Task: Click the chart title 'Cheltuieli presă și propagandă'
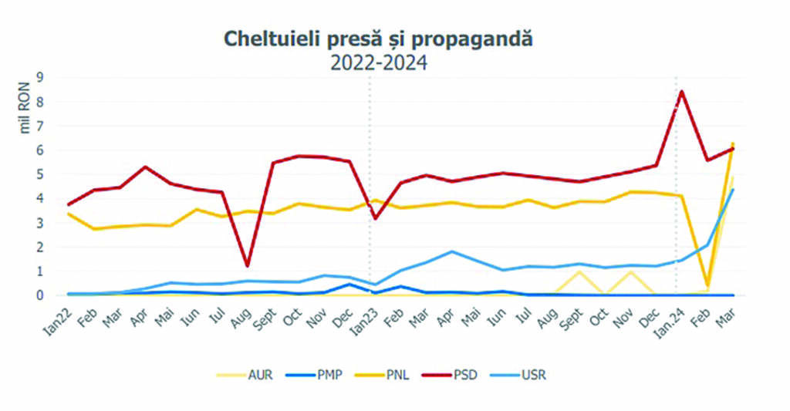[378, 39]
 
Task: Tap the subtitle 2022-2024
[378, 62]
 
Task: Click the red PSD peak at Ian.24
[682, 92]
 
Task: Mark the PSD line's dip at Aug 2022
[247, 266]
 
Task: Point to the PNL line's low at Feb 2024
[707, 285]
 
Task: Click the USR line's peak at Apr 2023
[452, 251]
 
